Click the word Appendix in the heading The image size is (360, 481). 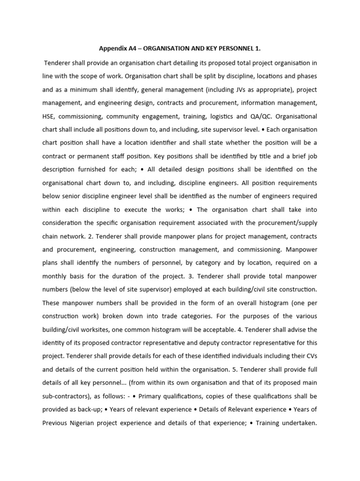point(113,48)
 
